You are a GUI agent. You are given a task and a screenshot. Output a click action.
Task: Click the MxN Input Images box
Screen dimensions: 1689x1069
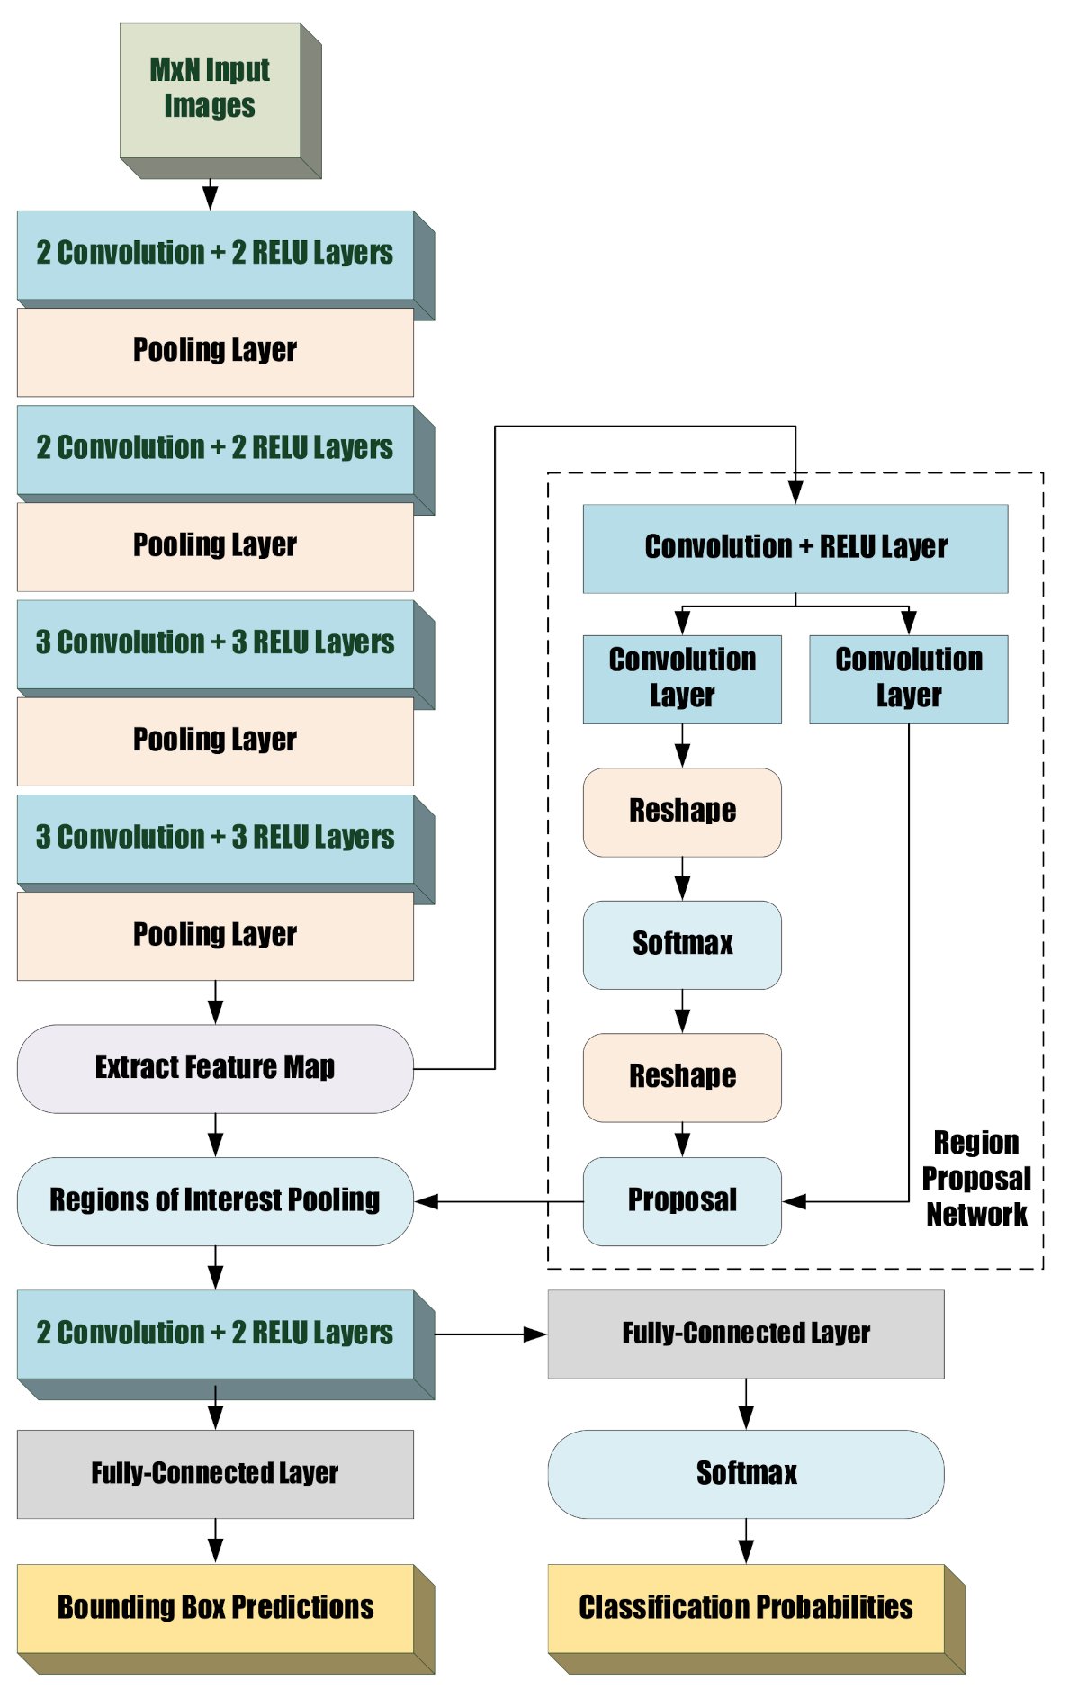tap(211, 89)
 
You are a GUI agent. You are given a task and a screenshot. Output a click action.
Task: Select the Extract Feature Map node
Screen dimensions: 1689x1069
tap(215, 1068)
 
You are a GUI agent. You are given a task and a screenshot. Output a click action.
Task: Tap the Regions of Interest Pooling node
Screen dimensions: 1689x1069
tap(215, 1200)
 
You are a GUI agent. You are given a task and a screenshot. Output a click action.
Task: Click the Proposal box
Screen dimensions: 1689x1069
tap(682, 1200)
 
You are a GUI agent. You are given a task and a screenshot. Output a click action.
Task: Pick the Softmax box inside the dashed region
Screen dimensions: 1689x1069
tap(682, 944)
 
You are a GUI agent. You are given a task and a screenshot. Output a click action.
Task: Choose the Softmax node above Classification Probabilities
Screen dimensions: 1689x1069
tap(746, 1473)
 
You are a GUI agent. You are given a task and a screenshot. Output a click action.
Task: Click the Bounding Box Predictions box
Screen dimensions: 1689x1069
tap(215, 1607)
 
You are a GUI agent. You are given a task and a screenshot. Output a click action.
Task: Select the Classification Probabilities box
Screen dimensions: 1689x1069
tap(746, 1607)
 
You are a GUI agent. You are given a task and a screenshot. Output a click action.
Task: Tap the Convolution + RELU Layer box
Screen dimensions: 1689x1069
tap(795, 548)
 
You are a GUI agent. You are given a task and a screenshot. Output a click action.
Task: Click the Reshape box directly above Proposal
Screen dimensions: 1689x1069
tap(682, 1077)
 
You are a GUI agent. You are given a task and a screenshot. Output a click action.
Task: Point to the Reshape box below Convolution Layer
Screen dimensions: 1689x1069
tap(682, 812)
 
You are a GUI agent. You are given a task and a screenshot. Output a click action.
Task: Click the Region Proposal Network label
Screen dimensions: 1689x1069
tap(976, 1178)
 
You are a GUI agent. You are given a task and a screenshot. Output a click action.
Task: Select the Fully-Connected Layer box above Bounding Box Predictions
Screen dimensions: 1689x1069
tap(215, 1473)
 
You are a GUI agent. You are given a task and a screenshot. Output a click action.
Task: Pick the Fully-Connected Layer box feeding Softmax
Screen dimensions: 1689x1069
tap(746, 1334)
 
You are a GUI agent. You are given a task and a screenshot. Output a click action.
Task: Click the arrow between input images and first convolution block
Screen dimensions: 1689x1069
tap(211, 194)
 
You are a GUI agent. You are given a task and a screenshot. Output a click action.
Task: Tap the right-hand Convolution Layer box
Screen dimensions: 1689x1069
tap(909, 678)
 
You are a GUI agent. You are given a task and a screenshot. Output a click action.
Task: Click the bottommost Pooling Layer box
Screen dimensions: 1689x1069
tap(215, 935)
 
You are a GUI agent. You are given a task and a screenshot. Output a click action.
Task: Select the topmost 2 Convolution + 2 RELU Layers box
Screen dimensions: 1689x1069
tap(215, 254)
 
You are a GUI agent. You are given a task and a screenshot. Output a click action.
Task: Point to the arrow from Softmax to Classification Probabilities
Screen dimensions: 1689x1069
tap(746, 1541)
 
